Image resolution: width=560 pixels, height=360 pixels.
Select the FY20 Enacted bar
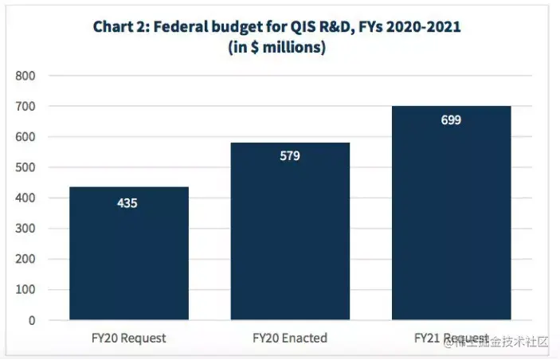[x=290, y=231]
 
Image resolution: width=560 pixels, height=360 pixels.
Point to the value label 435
[x=127, y=203]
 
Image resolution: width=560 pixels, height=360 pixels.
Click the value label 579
[x=290, y=156]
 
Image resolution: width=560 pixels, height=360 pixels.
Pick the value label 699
[x=452, y=120]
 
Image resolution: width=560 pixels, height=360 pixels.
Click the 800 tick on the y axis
[x=25, y=76]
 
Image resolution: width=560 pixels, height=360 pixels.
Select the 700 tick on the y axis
[x=25, y=106]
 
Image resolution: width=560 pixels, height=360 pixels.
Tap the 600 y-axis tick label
[x=25, y=137]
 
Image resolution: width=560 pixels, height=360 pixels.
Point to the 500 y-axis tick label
[x=25, y=167]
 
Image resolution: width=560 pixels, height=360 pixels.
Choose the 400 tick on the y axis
[x=25, y=198]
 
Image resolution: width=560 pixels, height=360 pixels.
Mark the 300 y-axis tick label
[x=25, y=229]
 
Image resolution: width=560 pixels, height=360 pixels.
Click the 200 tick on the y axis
[x=25, y=260]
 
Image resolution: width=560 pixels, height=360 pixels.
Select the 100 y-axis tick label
[x=25, y=290]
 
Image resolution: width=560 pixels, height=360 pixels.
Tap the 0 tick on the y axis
[x=32, y=320]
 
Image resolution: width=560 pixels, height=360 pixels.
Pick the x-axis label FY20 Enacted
[x=290, y=338]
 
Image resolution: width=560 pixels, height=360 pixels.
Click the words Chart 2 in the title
[x=119, y=27]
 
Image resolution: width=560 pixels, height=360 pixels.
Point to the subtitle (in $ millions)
[x=276, y=47]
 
